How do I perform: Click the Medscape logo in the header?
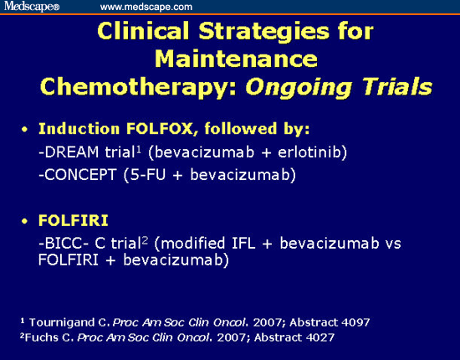click(x=32, y=6)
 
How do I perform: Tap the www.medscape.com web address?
click(x=146, y=7)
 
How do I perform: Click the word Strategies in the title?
click(x=263, y=32)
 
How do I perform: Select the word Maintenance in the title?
click(x=236, y=59)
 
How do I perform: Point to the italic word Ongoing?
click(x=299, y=88)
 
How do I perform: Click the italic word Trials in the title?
click(x=397, y=86)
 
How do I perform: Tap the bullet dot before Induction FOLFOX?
click(x=24, y=130)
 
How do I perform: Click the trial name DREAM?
click(x=71, y=152)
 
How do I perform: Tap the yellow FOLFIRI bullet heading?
click(x=74, y=220)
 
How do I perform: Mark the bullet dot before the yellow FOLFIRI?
click(x=24, y=221)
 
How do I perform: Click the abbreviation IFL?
click(x=243, y=243)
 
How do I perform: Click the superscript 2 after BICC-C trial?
click(x=145, y=240)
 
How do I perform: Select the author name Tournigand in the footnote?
click(x=62, y=322)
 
